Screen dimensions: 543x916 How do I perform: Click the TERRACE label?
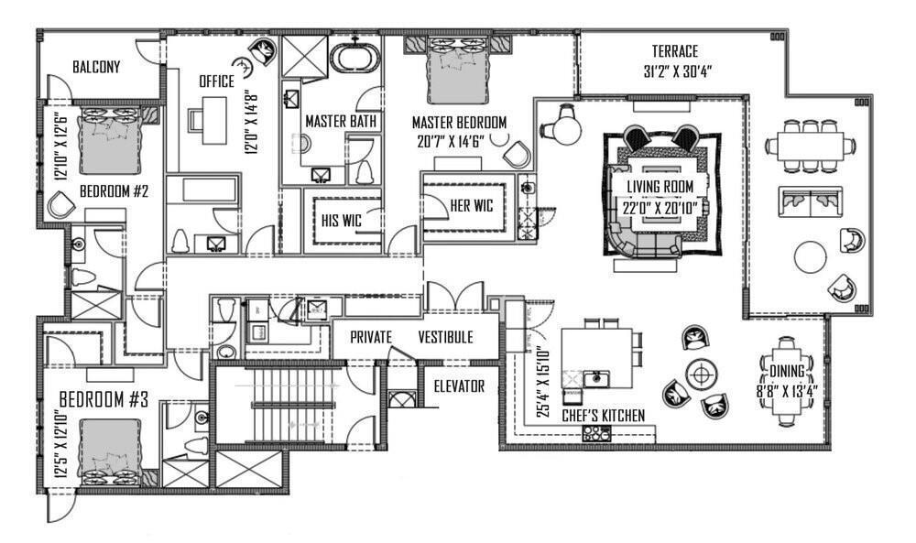(674, 51)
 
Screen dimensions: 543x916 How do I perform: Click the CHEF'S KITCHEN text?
(603, 416)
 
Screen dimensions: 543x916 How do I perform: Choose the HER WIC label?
(471, 205)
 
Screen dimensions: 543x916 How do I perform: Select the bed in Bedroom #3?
(110, 451)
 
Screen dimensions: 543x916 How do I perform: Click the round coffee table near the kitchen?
(703, 373)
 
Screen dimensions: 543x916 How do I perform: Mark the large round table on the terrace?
(811, 256)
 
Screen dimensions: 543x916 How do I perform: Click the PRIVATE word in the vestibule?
(371, 337)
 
